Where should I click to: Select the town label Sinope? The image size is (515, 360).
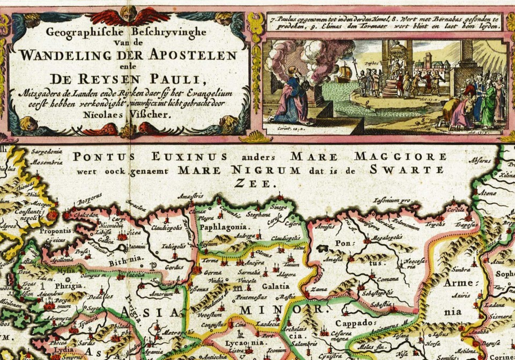pyautogui.click(x=277, y=207)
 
